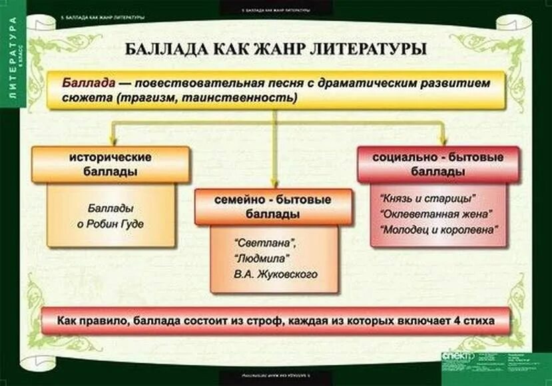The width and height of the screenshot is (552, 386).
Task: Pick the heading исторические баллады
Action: pos(111,164)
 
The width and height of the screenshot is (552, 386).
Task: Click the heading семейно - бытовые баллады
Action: pos(273,207)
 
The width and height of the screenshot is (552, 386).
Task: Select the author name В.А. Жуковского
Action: pos(275,274)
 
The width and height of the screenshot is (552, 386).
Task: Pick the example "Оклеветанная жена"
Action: pos(435,214)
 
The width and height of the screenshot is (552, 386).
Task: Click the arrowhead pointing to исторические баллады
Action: pos(113,140)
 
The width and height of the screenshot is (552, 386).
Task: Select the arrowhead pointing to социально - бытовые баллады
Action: pos(442,140)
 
